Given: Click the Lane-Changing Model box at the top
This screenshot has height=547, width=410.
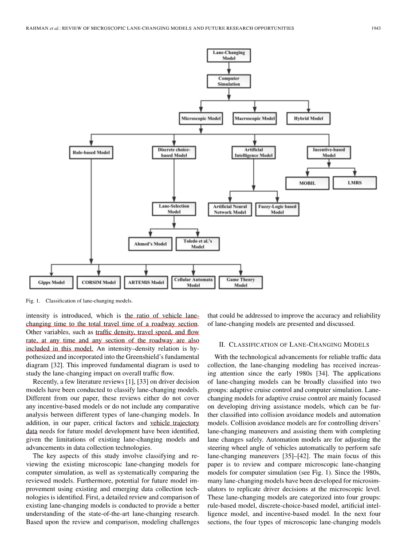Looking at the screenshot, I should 229,55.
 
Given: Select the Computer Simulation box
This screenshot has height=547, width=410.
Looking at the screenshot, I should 229,81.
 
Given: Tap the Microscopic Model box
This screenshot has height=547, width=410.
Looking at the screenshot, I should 201,119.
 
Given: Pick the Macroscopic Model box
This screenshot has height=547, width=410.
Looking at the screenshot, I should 255,119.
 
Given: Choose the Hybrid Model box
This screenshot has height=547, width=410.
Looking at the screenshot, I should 309,119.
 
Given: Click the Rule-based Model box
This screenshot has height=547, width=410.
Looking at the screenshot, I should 91,153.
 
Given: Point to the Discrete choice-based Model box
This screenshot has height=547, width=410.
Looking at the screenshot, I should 174,153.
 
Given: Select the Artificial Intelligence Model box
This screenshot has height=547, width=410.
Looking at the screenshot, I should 253,153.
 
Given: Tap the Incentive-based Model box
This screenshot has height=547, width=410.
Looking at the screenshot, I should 329,153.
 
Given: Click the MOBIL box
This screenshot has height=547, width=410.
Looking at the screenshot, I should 307,183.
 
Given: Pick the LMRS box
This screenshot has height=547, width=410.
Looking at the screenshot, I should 355,182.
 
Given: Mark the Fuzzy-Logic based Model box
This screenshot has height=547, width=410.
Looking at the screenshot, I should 277,209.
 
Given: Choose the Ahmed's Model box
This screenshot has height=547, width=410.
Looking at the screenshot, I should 150,244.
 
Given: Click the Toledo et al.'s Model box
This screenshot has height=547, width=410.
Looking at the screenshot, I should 197,244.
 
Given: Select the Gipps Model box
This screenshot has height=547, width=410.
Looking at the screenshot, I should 51,282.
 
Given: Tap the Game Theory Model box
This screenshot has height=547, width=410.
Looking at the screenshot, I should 240,282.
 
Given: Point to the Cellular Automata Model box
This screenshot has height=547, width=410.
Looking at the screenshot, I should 193,282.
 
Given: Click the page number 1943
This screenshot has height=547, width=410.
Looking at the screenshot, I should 376,28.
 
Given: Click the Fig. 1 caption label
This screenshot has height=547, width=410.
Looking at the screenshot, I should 34,301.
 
